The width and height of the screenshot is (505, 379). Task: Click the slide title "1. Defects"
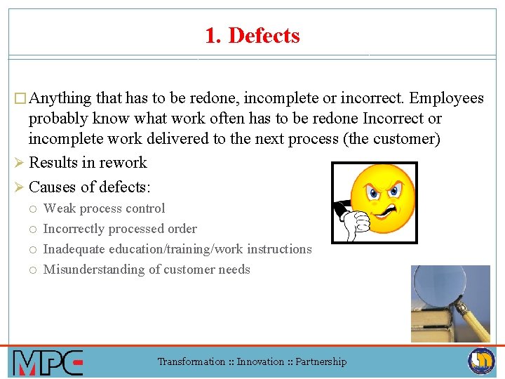[x=252, y=35]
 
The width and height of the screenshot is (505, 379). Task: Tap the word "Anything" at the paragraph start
[x=61, y=98]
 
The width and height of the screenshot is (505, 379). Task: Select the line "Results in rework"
[x=88, y=163]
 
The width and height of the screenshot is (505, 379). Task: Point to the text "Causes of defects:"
[x=90, y=187]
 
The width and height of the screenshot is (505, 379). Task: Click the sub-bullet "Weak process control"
[x=105, y=208]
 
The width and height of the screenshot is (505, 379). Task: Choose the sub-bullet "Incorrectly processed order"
[x=120, y=229]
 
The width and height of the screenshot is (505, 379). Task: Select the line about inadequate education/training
[x=177, y=249]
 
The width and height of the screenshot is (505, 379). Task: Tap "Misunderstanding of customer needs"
[x=147, y=270]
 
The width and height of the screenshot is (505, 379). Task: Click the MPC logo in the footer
[x=48, y=362]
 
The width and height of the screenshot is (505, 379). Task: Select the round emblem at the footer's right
[x=481, y=361]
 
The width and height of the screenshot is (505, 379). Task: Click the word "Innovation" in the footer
[x=260, y=362]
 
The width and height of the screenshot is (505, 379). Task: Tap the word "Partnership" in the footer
[x=321, y=362]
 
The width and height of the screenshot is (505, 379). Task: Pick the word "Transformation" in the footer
[x=191, y=362]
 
